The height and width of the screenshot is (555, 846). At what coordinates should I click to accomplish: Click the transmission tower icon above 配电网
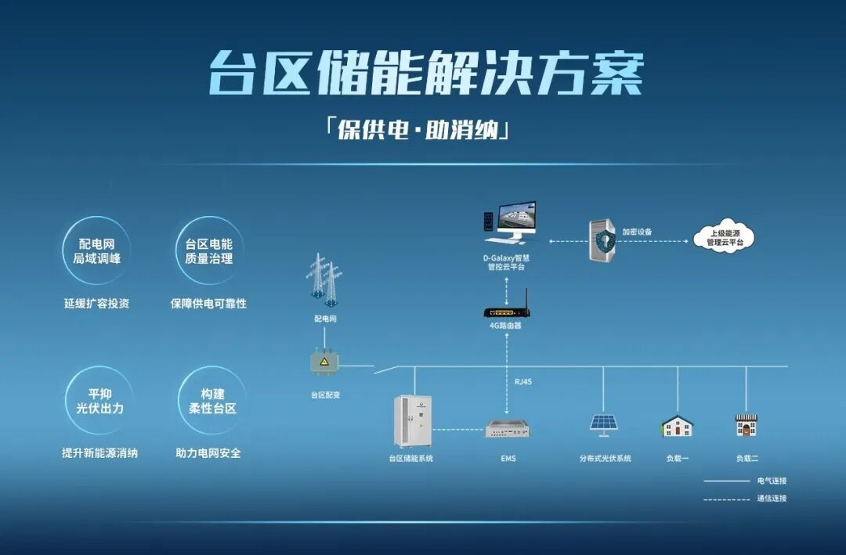[x=324, y=277]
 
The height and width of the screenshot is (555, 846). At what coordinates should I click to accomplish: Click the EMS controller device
[x=508, y=429]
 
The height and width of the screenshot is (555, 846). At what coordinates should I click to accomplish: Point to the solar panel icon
[x=603, y=423]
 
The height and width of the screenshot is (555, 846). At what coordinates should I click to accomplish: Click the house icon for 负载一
[x=677, y=426]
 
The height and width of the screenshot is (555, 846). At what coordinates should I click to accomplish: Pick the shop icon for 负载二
[x=746, y=425]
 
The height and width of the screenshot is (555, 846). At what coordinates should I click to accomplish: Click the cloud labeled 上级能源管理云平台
[x=723, y=237]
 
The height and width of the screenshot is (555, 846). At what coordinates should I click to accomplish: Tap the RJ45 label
[x=523, y=381]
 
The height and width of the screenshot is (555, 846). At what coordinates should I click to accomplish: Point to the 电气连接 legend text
[x=771, y=481]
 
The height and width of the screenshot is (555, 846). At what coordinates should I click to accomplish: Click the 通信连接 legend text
[x=771, y=499]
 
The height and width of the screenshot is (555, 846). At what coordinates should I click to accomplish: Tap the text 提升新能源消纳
[x=99, y=453]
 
